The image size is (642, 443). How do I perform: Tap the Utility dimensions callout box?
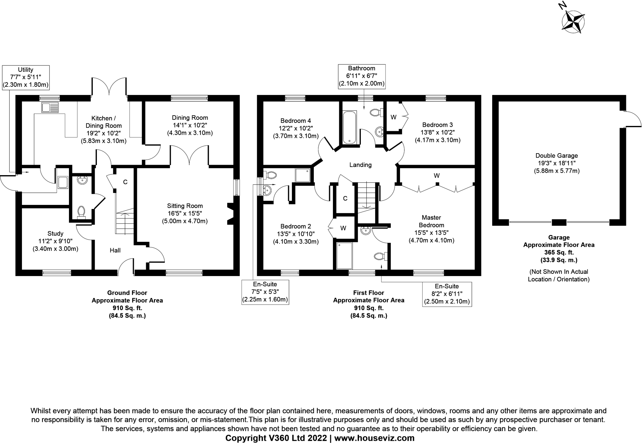tap(26, 77)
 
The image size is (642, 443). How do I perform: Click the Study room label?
tap(55, 233)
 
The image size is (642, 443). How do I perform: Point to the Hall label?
tap(115, 250)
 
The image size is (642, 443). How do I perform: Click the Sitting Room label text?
tap(185, 206)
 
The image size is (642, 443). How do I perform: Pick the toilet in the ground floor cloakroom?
tap(81, 211)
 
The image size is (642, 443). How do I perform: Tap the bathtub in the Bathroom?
tap(350, 127)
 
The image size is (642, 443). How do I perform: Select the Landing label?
tap(360, 165)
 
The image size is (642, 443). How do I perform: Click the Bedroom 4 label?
tap(296, 121)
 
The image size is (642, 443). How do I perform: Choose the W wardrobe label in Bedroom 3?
tap(393, 117)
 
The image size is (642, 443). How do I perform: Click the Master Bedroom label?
tap(431, 221)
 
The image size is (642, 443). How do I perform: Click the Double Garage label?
tap(556, 155)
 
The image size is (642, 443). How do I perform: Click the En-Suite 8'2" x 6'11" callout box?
tap(447, 294)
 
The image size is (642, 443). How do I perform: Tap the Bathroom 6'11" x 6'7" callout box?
tap(361, 76)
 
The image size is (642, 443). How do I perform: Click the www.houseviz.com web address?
tap(374, 438)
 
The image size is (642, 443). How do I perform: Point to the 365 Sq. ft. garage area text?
tap(559, 252)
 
